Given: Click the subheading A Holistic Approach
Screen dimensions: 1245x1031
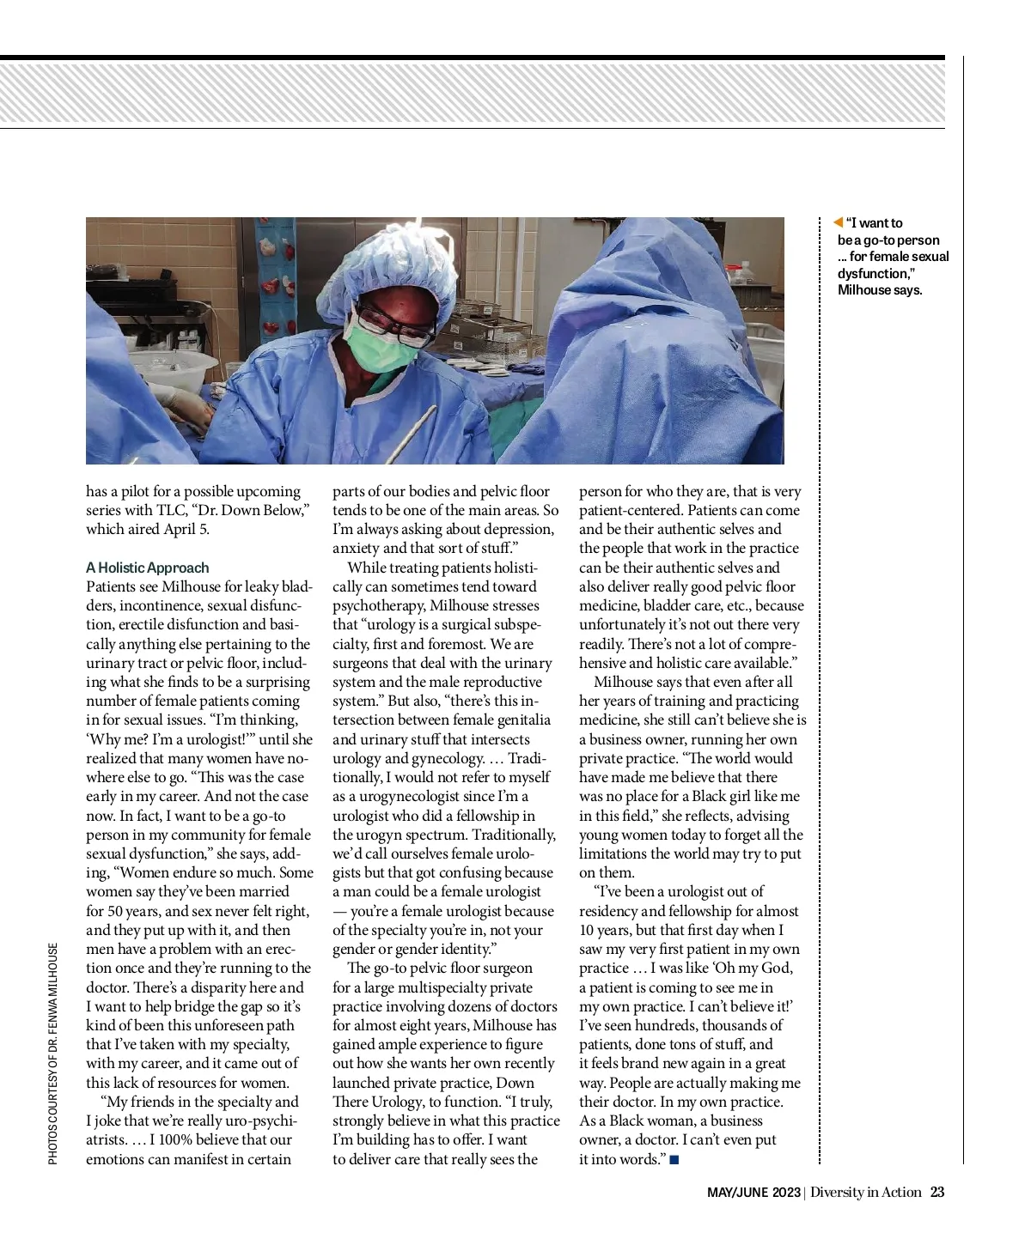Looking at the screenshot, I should point(147,568).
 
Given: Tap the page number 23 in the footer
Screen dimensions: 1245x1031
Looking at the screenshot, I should point(937,1192).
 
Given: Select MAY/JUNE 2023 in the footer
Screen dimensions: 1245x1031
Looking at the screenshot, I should point(753,1193).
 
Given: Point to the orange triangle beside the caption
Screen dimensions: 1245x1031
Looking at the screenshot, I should point(838,223).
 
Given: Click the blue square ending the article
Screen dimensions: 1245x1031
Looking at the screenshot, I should point(674,1160).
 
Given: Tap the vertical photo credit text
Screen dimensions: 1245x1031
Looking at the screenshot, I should point(52,1054).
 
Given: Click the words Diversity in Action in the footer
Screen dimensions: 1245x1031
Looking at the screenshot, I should point(865,1192).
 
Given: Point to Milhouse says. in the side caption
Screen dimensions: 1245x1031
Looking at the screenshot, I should point(880,290).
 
